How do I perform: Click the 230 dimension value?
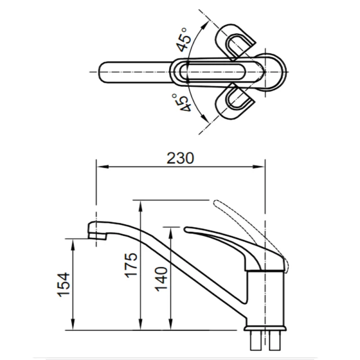coord(180,158)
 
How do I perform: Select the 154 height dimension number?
coord(63,285)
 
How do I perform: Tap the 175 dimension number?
coord(131,265)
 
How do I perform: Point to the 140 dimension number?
coord(161,279)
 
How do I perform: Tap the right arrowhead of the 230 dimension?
coord(259,166)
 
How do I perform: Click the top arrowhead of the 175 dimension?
coord(141,206)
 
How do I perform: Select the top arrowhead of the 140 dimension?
coord(171,233)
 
